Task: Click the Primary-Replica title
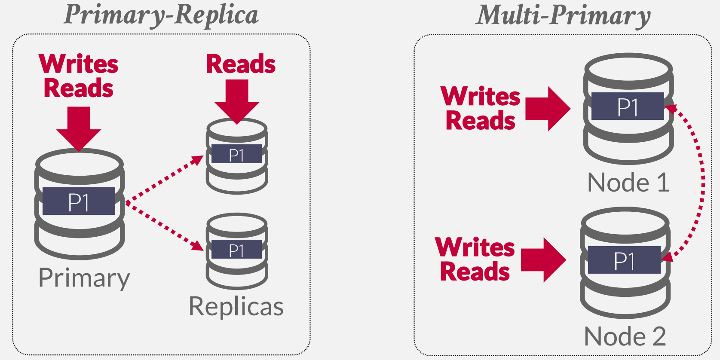(x=161, y=15)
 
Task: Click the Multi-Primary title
(x=563, y=15)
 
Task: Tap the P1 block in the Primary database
(x=79, y=201)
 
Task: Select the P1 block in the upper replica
(x=236, y=154)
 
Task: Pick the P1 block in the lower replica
(x=236, y=250)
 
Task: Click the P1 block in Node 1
(x=628, y=106)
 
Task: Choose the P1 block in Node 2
(x=624, y=260)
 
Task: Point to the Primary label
(x=84, y=278)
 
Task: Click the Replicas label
(x=236, y=306)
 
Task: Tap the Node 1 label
(x=628, y=183)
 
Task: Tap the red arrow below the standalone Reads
(x=237, y=101)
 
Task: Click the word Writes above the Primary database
(x=79, y=64)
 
